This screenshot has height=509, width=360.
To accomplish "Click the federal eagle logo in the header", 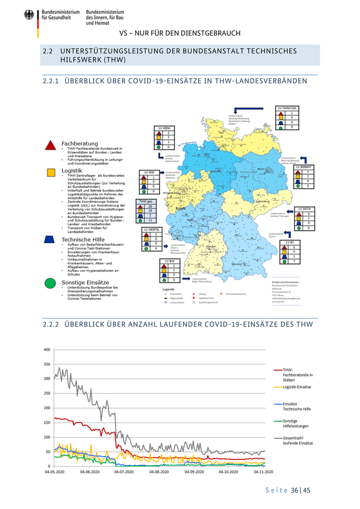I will (x=28, y=15).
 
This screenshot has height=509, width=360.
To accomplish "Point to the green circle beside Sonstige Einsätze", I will (x=50, y=282).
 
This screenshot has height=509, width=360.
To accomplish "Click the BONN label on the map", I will (x=181, y=209).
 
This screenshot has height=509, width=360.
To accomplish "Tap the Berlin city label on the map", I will (x=261, y=168).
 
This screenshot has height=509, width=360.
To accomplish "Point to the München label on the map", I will (x=237, y=264).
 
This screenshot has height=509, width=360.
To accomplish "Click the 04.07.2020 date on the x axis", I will (x=124, y=471).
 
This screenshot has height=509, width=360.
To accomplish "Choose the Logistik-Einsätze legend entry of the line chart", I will (x=297, y=387).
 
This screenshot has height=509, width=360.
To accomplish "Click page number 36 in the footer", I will (x=295, y=490).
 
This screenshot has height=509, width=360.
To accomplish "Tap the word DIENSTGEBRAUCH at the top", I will (x=212, y=33).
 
